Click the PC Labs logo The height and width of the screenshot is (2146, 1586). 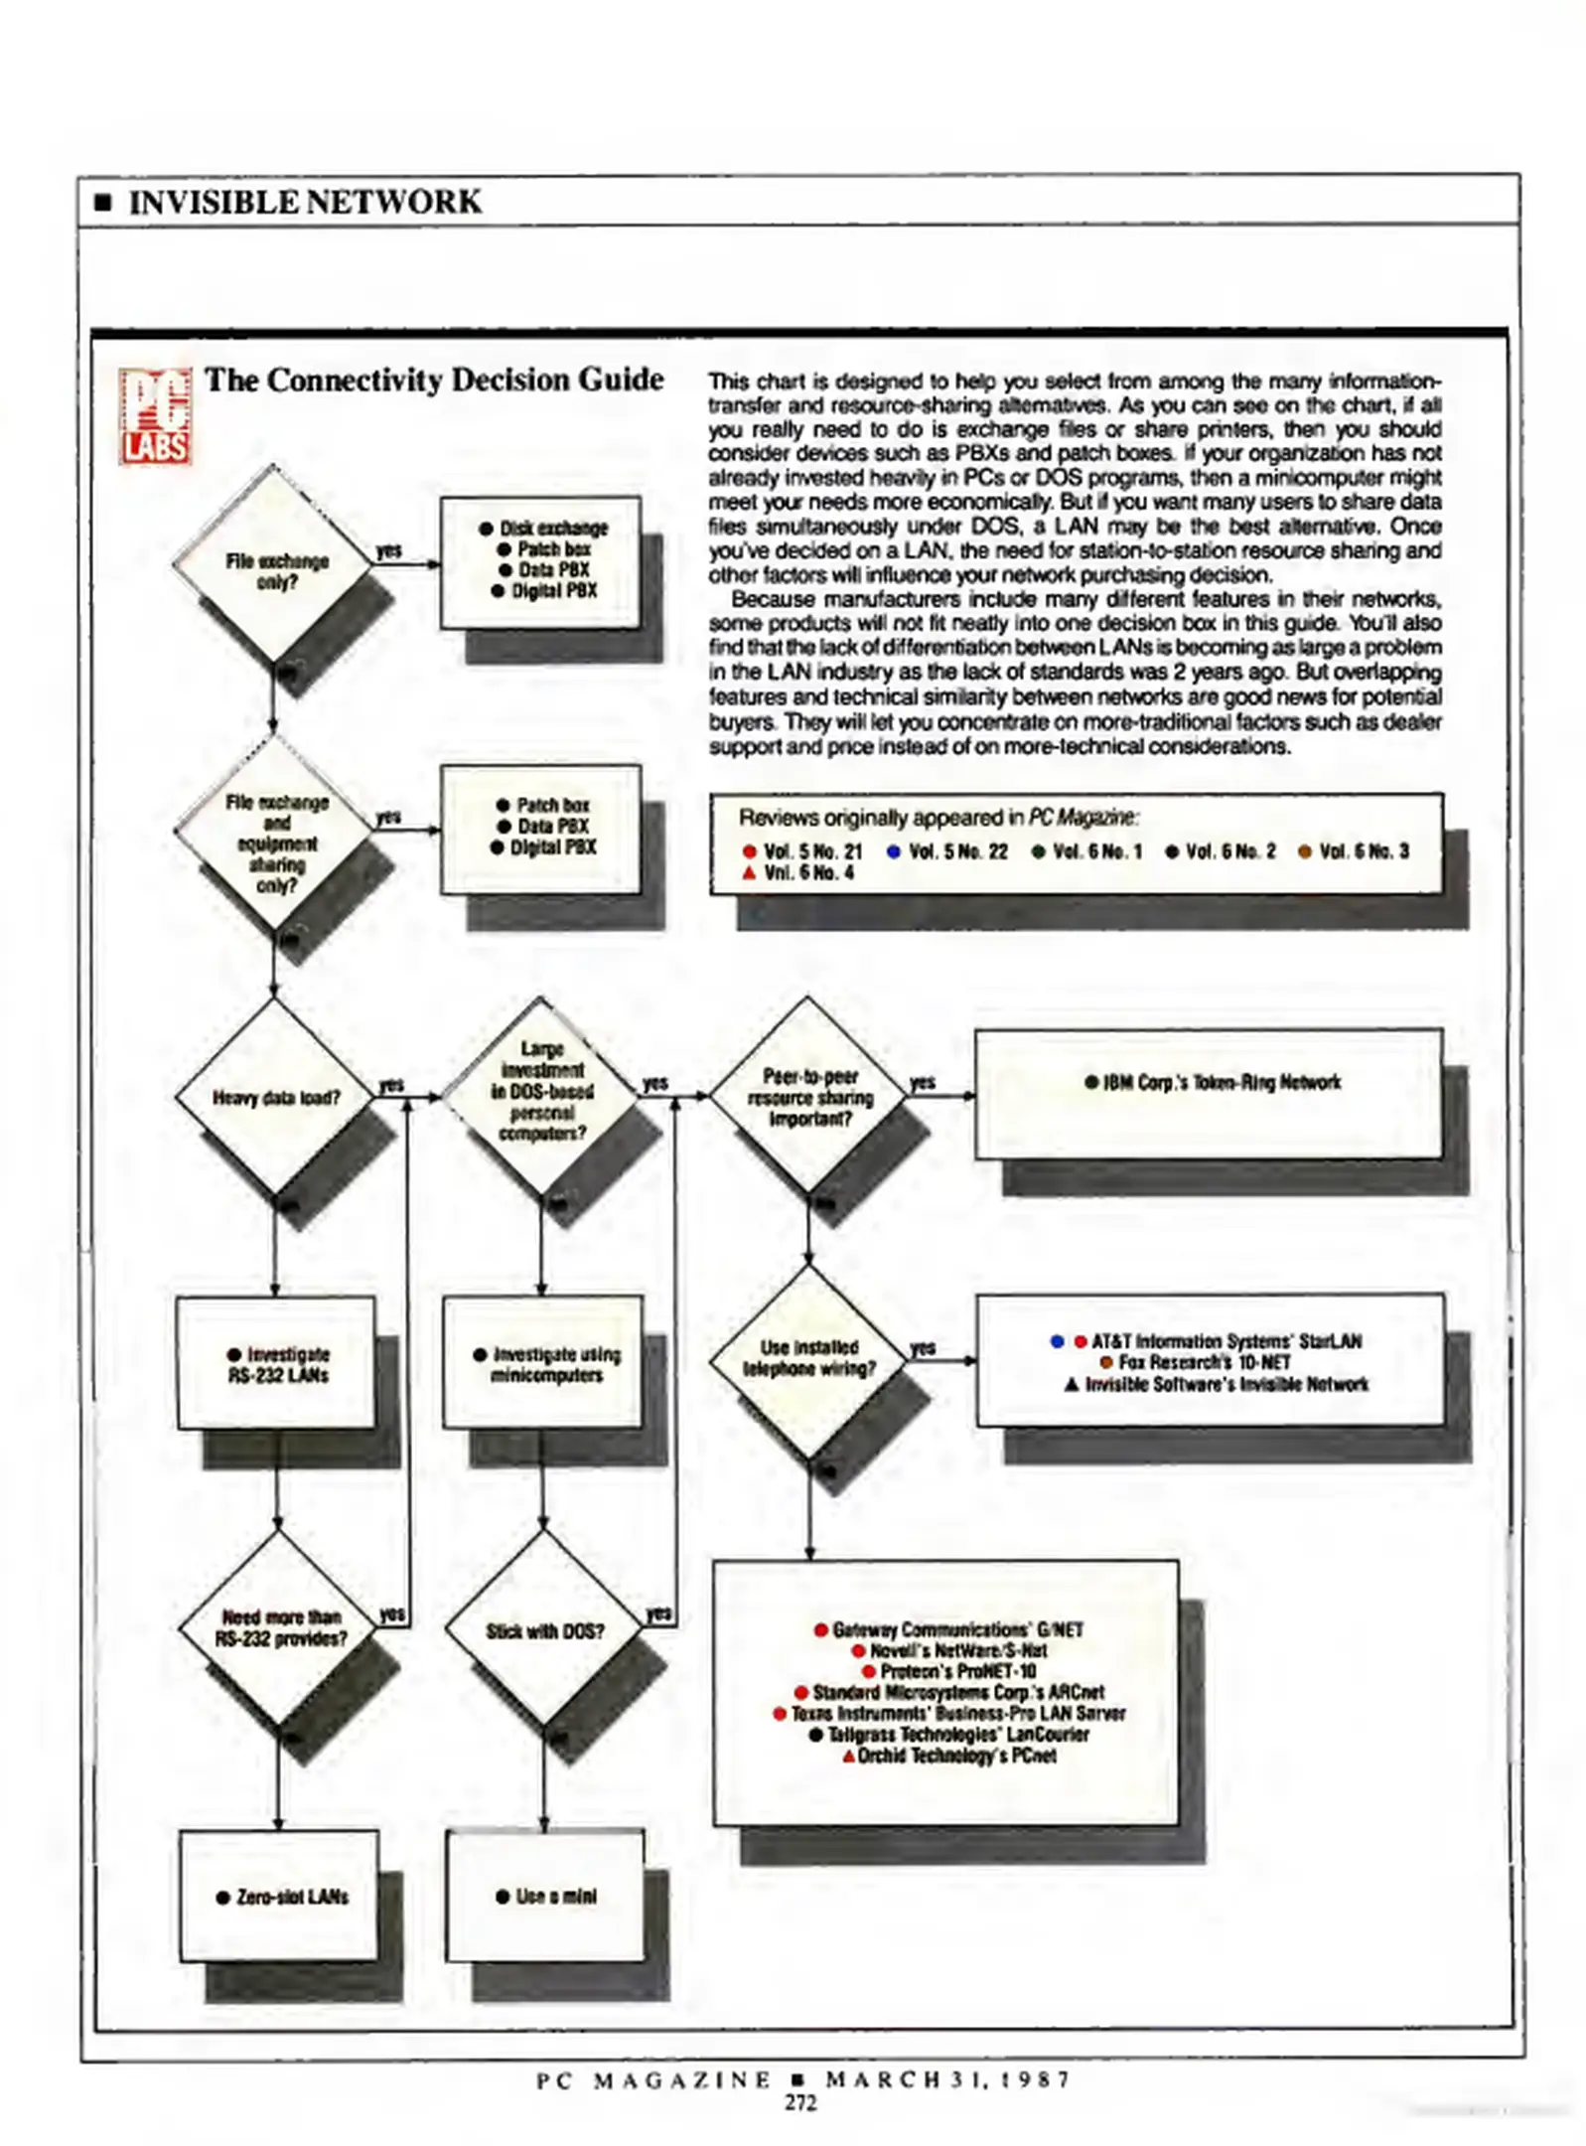click(x=155, y=415)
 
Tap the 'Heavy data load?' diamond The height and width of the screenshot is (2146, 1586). click(x=275, y=1098)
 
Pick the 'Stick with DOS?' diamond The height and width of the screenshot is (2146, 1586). click(x=544, y=1631)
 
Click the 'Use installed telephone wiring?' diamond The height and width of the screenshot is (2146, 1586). click(x=808, y=1358)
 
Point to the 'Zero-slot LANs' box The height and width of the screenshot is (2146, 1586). click(x=281, y=1897)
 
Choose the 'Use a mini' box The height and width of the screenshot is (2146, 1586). click(x=546, y=1896)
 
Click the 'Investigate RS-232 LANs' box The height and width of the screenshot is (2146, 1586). click(x=277, y=1364)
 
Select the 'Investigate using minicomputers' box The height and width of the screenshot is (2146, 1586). click(x=545, y=1364)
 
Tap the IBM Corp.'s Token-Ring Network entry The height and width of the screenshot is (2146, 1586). click(x=1213, y=1082)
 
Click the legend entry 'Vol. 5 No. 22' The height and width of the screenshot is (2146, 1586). click(x=947, y=851)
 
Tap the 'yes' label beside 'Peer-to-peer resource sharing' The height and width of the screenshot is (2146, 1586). click(x=923, y=1082)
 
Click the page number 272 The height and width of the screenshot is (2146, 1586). click(x=800, y=2102)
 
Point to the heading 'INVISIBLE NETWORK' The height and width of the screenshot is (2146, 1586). click(x=304, y=202)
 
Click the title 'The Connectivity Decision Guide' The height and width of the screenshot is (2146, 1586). click(x=434, y=380)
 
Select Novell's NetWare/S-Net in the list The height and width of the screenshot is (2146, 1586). click(x=949, y=1650)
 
